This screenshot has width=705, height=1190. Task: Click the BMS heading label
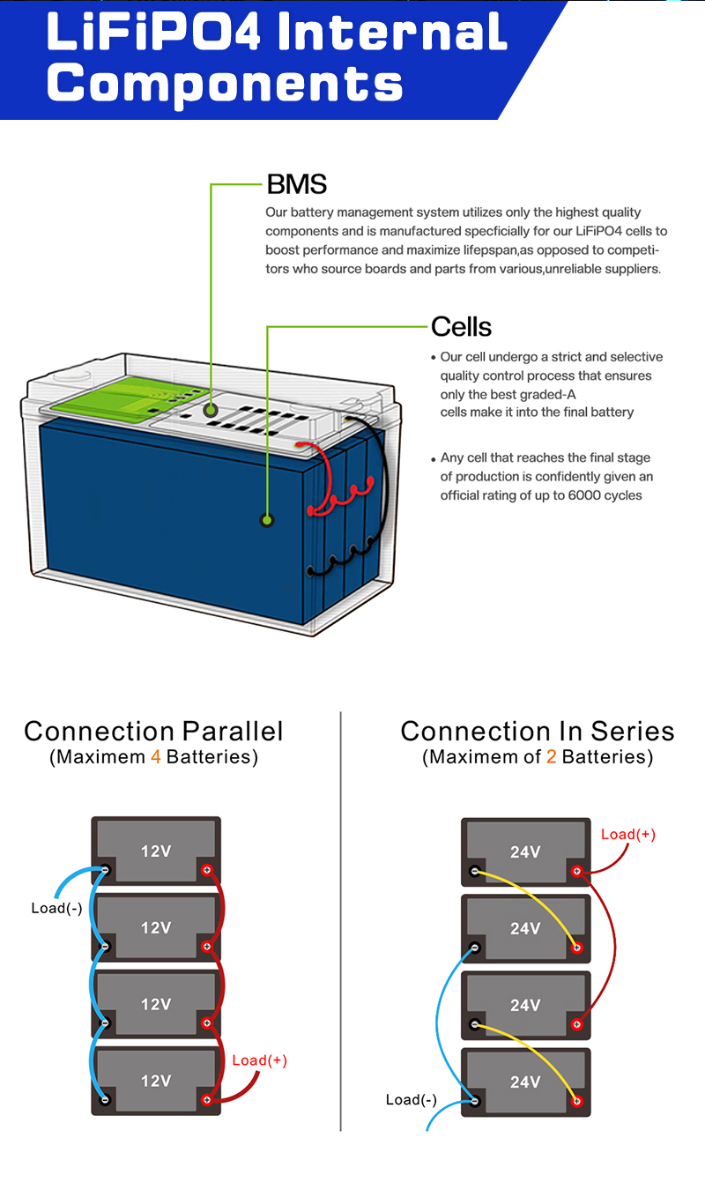point(296,184)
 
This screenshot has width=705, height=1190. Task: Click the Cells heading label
point(461,327)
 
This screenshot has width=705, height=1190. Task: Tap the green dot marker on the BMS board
point(211,410)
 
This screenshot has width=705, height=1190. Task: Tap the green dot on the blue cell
point(267,520)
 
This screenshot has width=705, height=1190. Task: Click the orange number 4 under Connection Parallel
point(156,757)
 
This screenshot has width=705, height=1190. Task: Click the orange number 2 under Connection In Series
point(552,757)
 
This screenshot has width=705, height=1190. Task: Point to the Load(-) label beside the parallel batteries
point(56,908)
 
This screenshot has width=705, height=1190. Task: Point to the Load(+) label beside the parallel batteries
point(259,1060)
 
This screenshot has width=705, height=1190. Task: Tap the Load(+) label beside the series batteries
point(628,834)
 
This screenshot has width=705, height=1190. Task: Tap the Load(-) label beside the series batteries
point(411,1099)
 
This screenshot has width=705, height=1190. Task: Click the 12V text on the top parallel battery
point(156,852)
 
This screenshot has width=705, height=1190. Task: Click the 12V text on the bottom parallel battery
point(156,1081)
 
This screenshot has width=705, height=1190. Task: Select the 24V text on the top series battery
point(525,852)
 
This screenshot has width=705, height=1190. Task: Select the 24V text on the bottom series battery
point(525,1082)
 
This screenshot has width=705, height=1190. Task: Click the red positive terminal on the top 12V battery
point(207,871)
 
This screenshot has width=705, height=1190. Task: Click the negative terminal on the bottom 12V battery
point(105,1099)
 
